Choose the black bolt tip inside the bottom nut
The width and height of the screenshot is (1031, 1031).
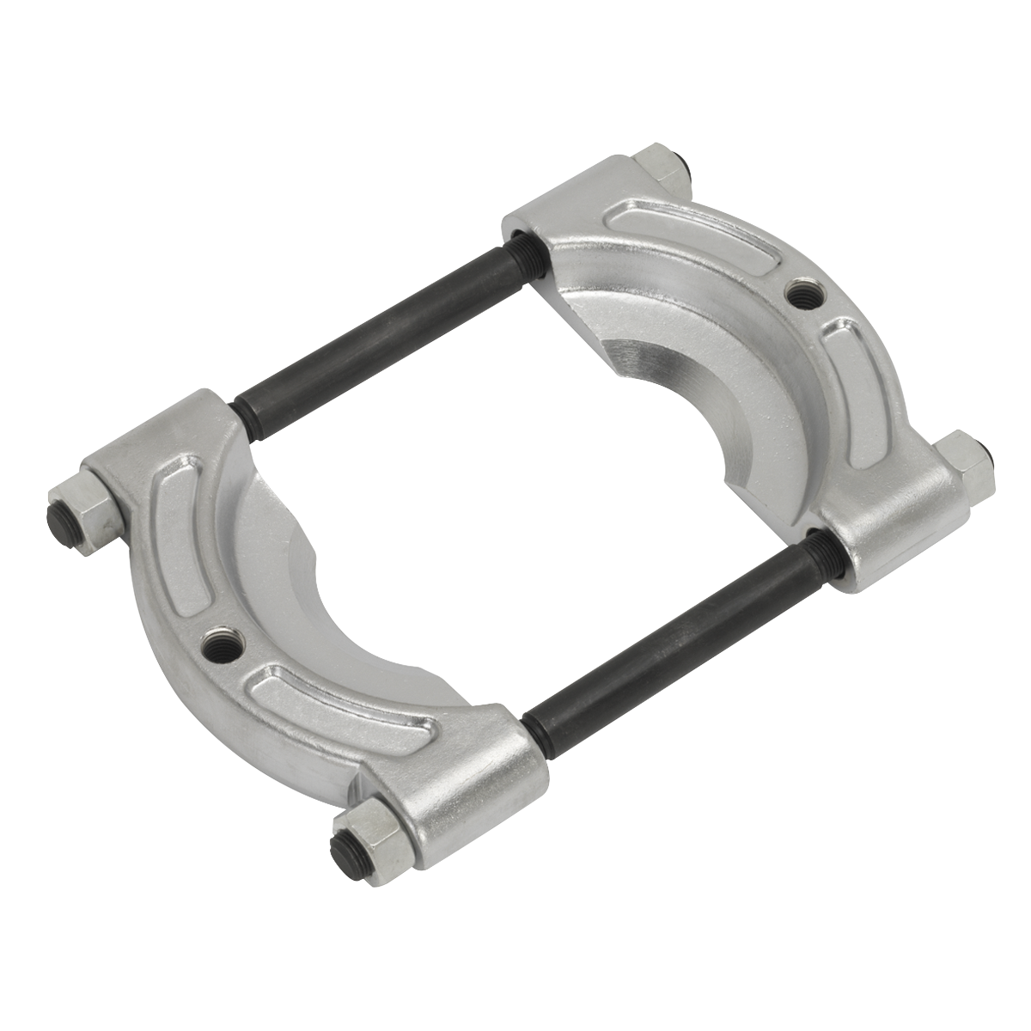coord(343,842)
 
